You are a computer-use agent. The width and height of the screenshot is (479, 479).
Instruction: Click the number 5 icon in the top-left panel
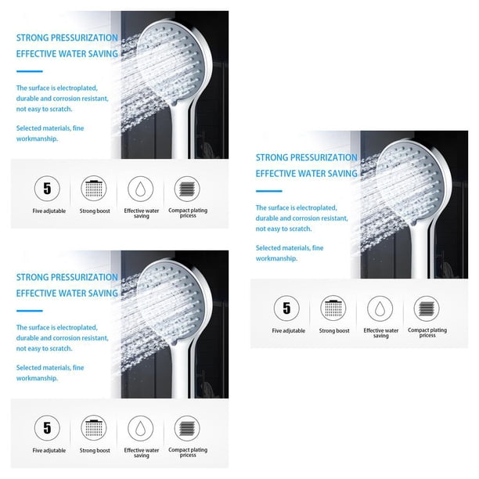click(x=47, y=189)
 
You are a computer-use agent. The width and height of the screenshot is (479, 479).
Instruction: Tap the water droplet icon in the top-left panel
click(x=141, y=189)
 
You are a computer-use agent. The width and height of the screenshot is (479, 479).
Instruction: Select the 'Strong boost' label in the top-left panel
click(x=95, y=211)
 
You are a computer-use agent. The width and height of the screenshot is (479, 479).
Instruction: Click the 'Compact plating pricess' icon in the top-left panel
click(x=187, y=189)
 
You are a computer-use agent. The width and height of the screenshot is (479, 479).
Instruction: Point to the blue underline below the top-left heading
click(x=29, y=71)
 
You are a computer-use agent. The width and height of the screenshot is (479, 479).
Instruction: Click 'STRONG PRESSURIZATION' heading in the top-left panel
click(x=67, y=38)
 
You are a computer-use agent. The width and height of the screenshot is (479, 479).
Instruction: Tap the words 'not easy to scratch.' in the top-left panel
click(x=45, y=109)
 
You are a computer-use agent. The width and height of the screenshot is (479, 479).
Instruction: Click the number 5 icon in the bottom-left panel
click(x=47, y=428)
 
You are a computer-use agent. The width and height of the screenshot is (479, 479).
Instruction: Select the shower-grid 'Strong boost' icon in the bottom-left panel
click(x=94, y=428)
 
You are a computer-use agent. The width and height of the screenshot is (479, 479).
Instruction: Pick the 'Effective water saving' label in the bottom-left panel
click(x=142, y=452)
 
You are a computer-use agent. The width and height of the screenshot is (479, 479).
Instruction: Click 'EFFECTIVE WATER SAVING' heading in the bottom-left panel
click(x=67, y=294)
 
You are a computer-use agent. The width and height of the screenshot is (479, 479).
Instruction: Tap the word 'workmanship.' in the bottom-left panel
click(x=37, y=378)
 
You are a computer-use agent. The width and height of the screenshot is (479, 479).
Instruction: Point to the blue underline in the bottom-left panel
click(x=29, y=311)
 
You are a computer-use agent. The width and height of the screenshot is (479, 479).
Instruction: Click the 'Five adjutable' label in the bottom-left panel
click(x=49, y=450)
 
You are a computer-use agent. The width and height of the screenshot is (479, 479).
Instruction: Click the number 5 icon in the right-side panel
click(x=286, y=308)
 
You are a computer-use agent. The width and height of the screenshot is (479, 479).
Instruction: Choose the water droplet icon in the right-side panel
click(x=380, y=308)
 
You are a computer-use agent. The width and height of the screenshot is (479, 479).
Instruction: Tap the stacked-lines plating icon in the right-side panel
click(x=427, y=308)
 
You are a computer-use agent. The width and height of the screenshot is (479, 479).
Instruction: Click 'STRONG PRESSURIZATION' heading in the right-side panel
click(x=306, y=157)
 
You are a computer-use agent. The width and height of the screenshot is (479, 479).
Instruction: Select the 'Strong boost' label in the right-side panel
click(x=334, y=330)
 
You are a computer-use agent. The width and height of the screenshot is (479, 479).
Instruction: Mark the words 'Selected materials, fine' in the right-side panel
click(x=290, y=248)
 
